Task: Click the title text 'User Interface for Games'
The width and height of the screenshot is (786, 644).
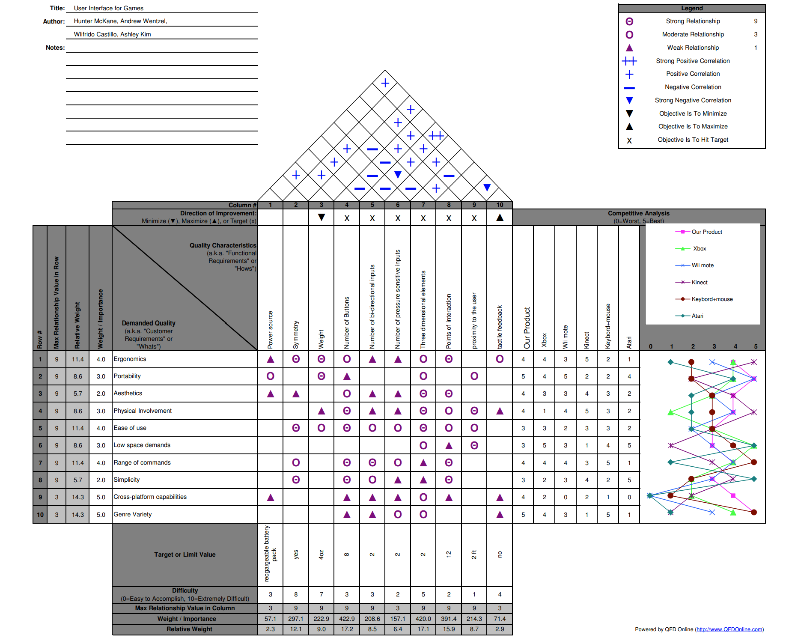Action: pos(109,8)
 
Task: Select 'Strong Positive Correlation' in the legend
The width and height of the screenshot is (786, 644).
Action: pos(692,61)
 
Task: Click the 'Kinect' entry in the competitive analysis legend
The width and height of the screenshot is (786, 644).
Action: pos(699,282)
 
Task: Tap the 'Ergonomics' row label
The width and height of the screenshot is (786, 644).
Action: pos(130,359)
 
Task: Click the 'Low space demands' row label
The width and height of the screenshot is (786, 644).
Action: pos(142,445)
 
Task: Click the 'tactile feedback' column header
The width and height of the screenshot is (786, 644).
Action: pos(500,327)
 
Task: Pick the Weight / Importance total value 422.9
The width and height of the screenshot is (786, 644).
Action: pos(347,619)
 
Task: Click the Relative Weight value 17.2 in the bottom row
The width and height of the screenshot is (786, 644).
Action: pos(347,629)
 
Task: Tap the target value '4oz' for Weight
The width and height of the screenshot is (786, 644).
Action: pos(322,555)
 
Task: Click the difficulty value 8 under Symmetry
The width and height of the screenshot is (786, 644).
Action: pos(296,594)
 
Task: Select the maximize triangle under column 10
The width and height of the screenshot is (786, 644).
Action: pos(500,218)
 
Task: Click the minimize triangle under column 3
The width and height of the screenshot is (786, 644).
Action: pos(322,218)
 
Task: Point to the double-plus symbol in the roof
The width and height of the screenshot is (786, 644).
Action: pos(436,136)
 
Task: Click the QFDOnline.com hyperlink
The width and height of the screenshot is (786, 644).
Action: pos(729,629)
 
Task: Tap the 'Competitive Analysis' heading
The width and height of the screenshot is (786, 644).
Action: pos(638,213)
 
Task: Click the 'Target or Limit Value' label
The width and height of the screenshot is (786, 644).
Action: pos(185,555)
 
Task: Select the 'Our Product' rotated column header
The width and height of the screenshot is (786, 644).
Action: pos(527,328)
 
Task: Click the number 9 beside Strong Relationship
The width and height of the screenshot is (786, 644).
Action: pos(756,21)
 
